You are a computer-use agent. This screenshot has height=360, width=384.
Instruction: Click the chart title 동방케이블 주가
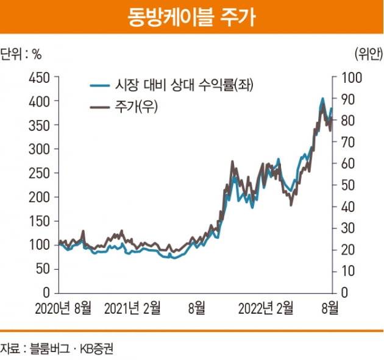[191, 16]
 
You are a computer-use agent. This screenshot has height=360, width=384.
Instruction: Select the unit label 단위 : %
[22, 53]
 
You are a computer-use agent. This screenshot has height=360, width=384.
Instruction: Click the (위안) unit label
[367, 53]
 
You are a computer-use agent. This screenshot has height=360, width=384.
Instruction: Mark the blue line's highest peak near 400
[322, 98]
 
